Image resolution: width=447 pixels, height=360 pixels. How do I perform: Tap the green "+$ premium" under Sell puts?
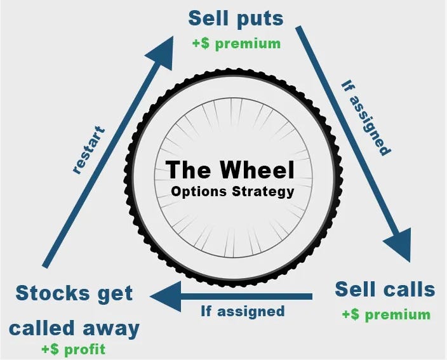pyautogui.click(x=236, y=44)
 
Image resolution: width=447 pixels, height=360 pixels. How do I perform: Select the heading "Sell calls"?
pyautogui.click(x=385, y=290)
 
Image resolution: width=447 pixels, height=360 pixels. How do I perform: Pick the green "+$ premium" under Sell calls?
pyautogui.click(x=385, y=314)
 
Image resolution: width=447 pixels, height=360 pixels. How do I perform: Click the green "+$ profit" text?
pyautogui.click(x=73, y=349)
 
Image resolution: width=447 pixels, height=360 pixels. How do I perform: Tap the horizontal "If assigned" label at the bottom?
pyautogui.click(x=243, y=311)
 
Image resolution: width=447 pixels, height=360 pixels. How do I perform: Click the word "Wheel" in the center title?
pyautogui.click(x=257, y=170)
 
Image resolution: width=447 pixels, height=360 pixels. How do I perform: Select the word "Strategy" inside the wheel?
pyautogui.click(x=262, y=191)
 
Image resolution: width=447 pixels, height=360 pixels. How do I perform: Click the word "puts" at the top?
pyautogui.click(x=260, y=19)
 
